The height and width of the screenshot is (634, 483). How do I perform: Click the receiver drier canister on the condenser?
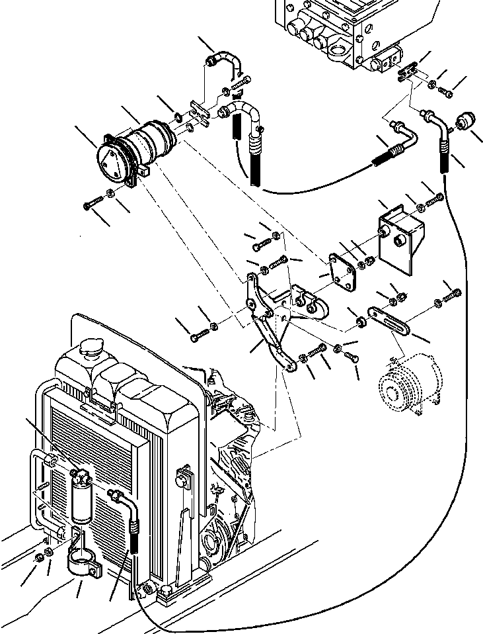(84, 496)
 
